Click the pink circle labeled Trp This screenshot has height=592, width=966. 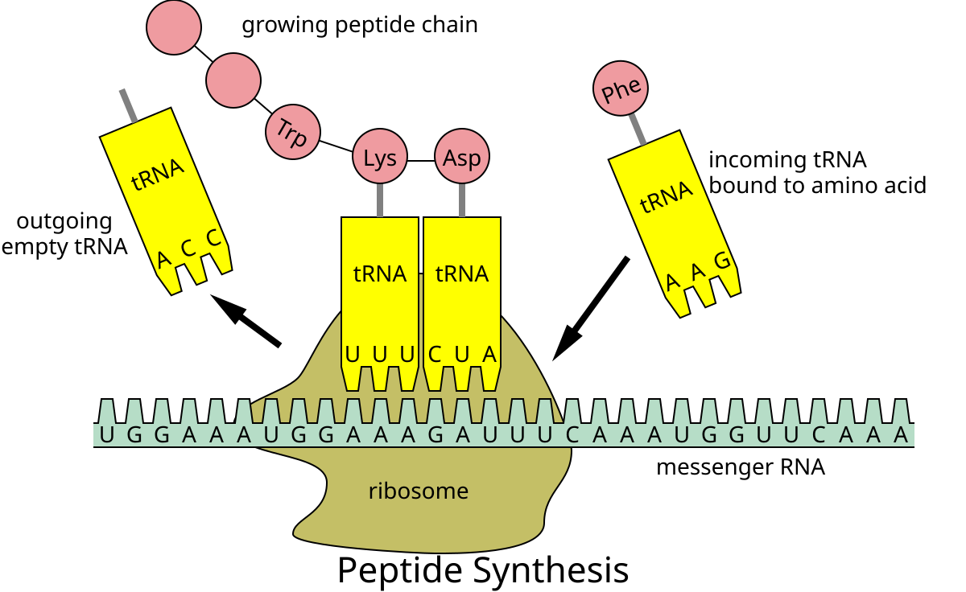[x=293, y=132]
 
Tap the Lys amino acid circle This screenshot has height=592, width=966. [x=380, y=157]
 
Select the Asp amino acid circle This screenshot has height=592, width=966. [x=462, y=157]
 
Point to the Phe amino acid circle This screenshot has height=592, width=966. [x=621, y=88]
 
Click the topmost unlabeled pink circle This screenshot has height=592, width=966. [x=174, y=27]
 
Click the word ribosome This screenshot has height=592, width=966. [x=418, y=491]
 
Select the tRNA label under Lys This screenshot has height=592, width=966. [x=380, y=273]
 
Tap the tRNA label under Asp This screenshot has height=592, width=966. [x=462, y=273]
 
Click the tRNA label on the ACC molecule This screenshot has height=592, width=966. [x=158, y=174]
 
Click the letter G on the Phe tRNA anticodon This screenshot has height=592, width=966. [x=722, y=261]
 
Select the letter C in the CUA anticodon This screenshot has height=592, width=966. [x=435, y=355]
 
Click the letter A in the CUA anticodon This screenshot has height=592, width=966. [x=489, y=355]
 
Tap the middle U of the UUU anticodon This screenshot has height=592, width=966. [x=380, y=355]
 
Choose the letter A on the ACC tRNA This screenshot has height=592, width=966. [x=163, y=259]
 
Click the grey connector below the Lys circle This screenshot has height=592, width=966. [x=380, y=200]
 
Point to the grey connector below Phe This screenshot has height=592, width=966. [x=638, y=129]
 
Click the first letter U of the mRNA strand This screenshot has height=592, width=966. [x=107, y=435]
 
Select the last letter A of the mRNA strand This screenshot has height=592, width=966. [x=901, y=435]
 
